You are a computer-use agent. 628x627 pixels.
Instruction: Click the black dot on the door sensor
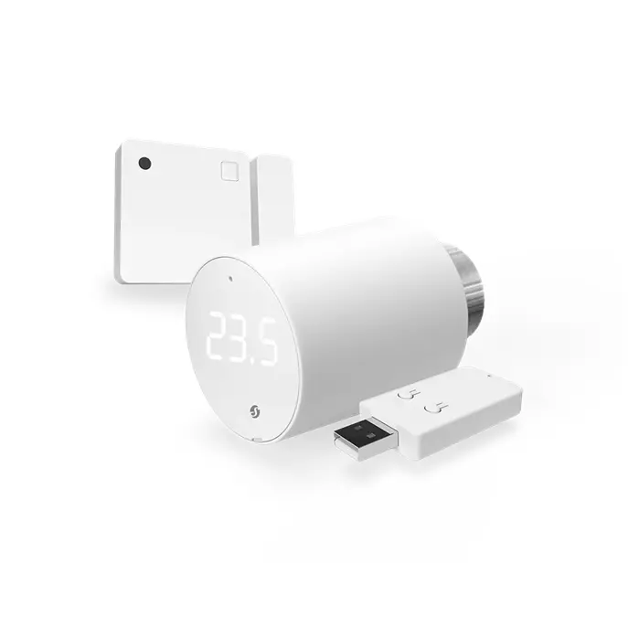144,164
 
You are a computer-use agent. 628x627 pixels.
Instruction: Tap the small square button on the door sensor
229,170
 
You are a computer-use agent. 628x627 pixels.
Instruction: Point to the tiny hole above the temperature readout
229,278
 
